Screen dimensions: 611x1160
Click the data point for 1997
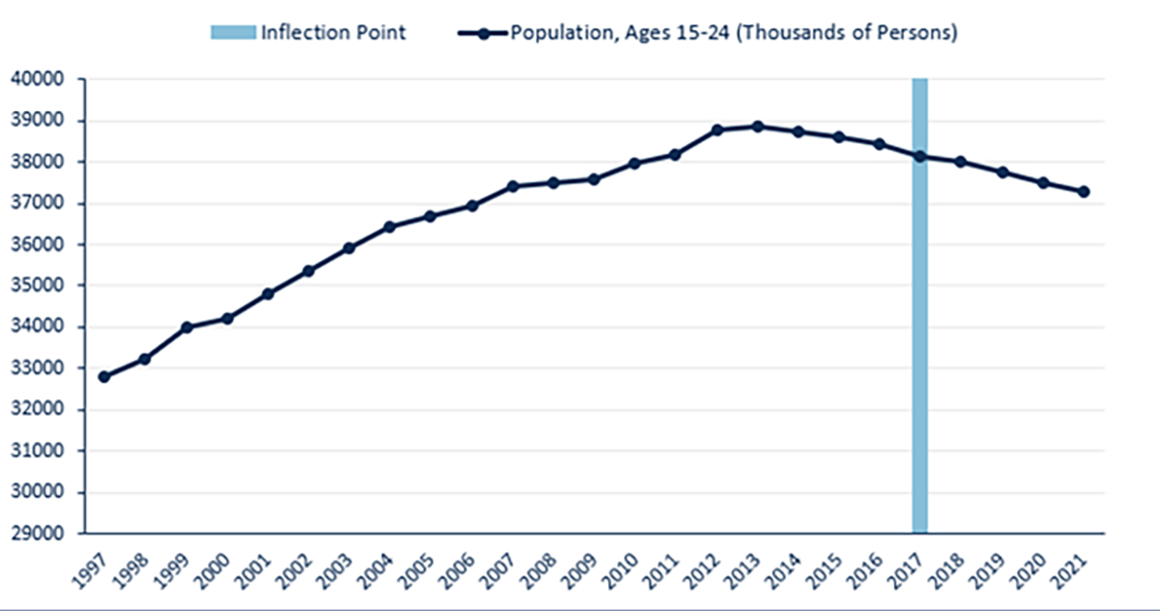(103, 376)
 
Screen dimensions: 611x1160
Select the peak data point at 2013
(757, 127)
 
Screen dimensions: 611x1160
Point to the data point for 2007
(512, 187)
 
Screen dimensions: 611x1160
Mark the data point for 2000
(227, 318)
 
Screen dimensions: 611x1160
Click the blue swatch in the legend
(232, 33)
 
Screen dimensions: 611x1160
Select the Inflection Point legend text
(333, 33)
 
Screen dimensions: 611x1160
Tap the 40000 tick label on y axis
(36, 79)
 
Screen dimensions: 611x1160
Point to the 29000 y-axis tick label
(36, 533)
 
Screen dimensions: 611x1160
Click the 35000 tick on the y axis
(36, 285)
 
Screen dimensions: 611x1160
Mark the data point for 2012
(716, 130)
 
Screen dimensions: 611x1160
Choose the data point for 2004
(390, 227)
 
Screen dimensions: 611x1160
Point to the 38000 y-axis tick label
(36, 161)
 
